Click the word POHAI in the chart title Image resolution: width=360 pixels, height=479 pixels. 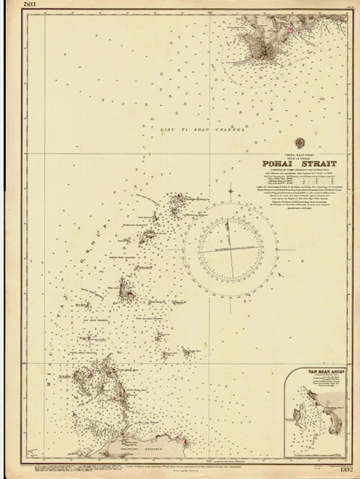(277, 165)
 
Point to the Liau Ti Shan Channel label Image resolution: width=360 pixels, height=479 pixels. (203, 131)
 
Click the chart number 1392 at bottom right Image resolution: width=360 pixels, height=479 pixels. (345, 469)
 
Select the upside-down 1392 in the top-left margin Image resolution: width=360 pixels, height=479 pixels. (13, 10)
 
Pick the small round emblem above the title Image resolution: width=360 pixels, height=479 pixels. (298, 150)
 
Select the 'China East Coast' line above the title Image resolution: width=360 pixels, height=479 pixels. (298, 156)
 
